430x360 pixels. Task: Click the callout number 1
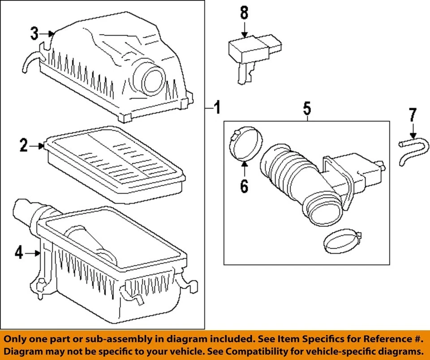[x=217, y=108]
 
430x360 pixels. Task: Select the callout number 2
[x=24, y=145]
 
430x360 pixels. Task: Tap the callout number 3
[x=34, y=33]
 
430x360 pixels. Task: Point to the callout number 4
[x=18, y=253]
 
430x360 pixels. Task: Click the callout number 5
[x=306, y=108]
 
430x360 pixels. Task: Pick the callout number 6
[x=244, y=185]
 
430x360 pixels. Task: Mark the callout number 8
[x=244, y=13]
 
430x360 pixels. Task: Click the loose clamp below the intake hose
[x=341, y=242]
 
